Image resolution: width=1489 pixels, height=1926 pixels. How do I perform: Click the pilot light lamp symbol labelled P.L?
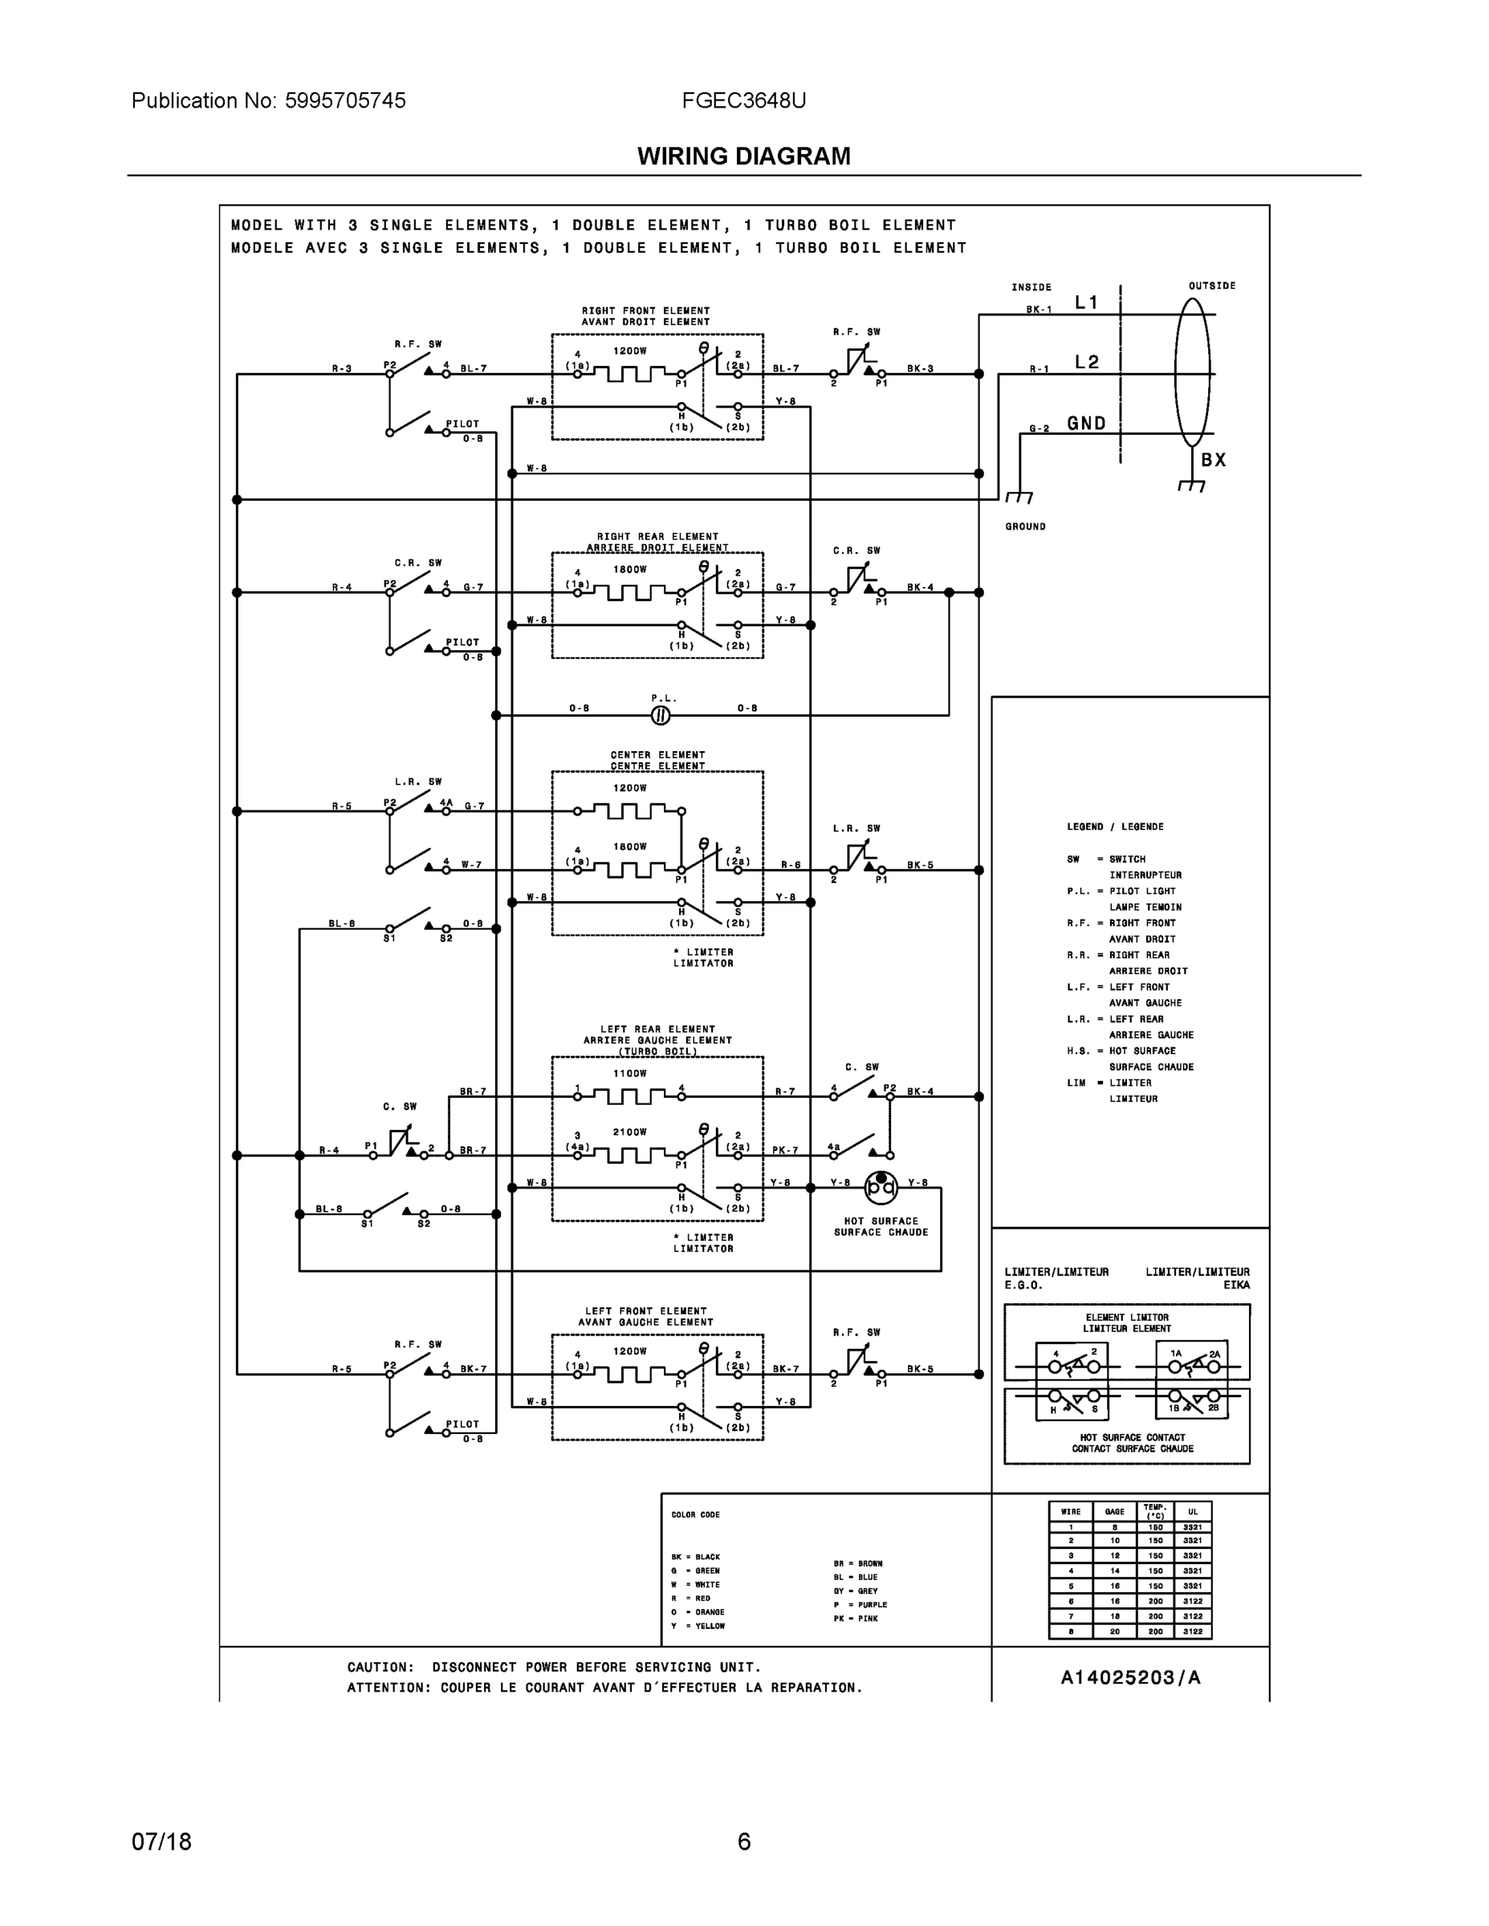tap(661, 715)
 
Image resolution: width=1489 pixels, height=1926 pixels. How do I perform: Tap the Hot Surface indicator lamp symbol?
tap(881, 1187)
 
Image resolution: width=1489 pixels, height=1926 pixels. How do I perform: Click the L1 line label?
tap(1087, 303)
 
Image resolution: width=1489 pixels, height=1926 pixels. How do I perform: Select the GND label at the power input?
tap(1087, 423)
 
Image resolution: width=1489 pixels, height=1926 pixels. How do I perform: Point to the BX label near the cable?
tap(1214, 460)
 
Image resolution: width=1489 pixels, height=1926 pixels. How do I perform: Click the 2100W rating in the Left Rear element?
tap(630, 1132)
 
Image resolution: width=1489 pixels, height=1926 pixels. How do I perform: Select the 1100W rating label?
tap(630, 1073)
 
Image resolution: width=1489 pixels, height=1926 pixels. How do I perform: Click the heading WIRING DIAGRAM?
tap(743, 156)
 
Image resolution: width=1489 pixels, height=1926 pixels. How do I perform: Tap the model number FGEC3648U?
tap(743, 100)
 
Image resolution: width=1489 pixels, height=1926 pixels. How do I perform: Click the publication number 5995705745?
tap(345, 100)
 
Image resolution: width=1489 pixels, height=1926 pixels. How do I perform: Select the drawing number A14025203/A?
tap(1130, 1677)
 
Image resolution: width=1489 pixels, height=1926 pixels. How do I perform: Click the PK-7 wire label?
tap(785, 1150)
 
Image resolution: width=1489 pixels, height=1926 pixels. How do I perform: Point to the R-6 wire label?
tap(791, 865)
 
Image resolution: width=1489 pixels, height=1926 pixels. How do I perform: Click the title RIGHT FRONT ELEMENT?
tap(645, 311)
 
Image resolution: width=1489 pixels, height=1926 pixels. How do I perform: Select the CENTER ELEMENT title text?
tap(658, 755)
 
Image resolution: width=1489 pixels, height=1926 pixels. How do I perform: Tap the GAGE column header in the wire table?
tap(1114, 1512)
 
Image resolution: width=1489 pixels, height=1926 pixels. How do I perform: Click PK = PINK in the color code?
tap(856, 1618)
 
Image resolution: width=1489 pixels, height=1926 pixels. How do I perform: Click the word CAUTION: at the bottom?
tap(380, 1667)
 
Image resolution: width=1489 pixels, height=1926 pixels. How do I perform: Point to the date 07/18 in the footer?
tap(161, 1842)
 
